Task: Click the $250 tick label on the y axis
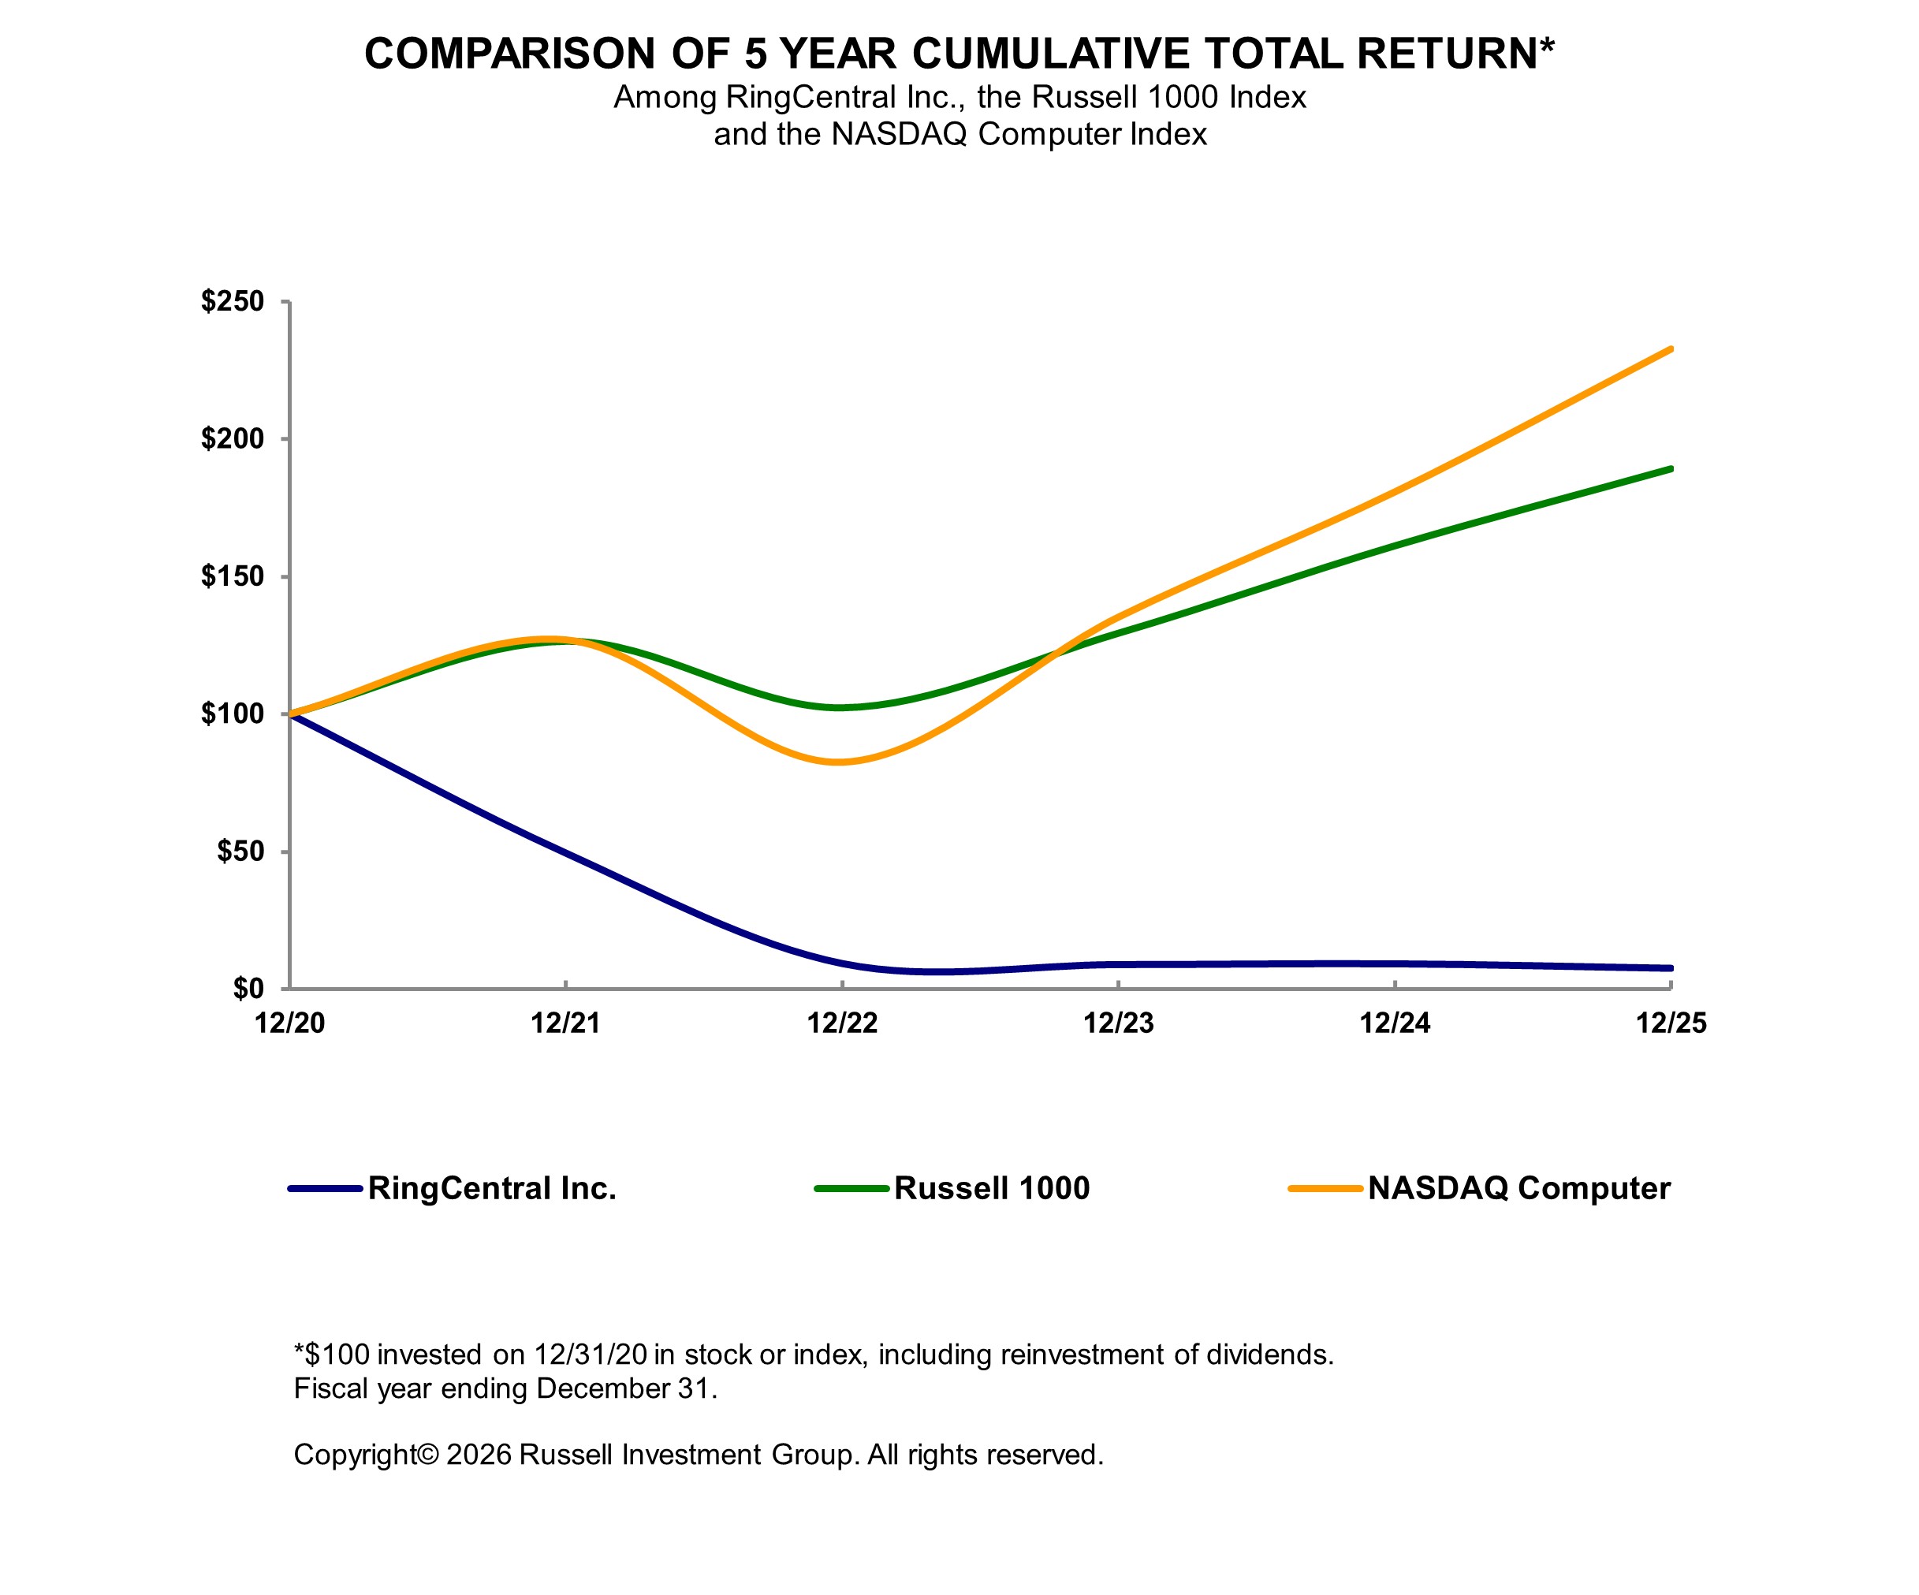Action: [x=232, y=302]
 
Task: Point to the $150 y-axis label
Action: [x=232, y=577]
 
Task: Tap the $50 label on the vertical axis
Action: [x=240, y=852]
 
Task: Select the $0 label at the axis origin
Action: [x=248, y=989]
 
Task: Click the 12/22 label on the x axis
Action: [x=841, y=1023]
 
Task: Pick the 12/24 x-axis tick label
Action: [x=1395, y=1023]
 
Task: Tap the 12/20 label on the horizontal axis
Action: [x=289, y=1023]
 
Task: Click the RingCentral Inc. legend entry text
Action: [x=492, y=1188]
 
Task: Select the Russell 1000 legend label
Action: [x=992, y=1188]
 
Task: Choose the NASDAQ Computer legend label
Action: [x=1518, y=1188]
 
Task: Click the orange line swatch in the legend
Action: [x=1325, y=1189]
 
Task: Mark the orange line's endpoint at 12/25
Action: [x=1671, y=349]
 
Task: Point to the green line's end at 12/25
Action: [x=1671, y=469]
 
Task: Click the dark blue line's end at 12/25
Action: [x=1671, y=968]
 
